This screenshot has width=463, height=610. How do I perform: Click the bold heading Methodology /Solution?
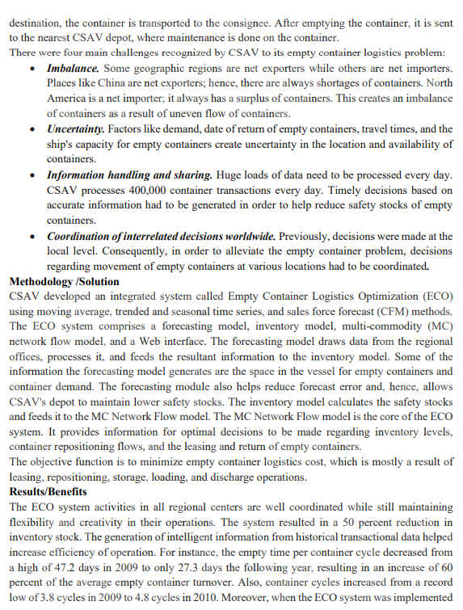point(64,282)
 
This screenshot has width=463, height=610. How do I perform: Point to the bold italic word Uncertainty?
point(76,129)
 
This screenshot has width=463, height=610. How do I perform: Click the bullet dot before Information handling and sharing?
point(31,175)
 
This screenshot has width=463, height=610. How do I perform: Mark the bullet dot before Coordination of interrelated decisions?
point(31,236)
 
